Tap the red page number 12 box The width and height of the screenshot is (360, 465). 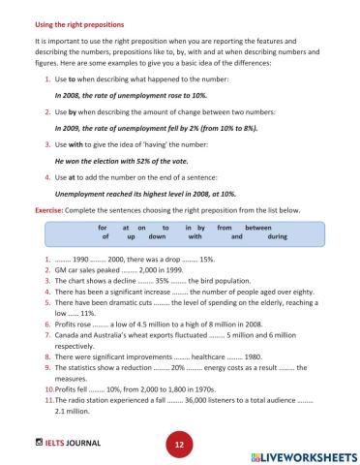[179, 443]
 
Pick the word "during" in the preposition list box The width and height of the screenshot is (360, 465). [278, 235]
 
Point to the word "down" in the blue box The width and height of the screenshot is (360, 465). [158, 235]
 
